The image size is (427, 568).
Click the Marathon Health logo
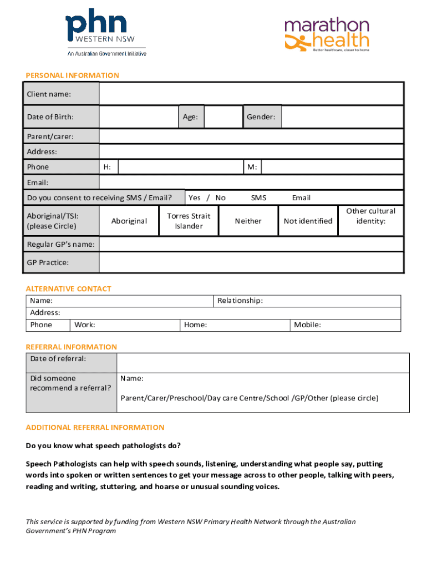point(327,35)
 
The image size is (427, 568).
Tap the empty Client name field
point(251,94)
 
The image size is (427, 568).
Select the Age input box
point(223,117)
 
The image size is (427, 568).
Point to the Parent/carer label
point(50,136)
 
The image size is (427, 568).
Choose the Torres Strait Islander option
point(189,221)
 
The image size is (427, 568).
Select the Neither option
point(248,221)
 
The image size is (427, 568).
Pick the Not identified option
point(308,221)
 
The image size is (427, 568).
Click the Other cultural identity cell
point(370,216)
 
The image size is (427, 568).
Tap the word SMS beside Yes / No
point(258,197)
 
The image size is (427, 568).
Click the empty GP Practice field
point(251,262)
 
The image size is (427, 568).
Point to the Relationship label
point(240,301)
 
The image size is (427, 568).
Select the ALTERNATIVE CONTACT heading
point(68,288)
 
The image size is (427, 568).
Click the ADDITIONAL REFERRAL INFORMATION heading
point(95,427)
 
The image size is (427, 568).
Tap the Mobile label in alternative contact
point(307,325)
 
